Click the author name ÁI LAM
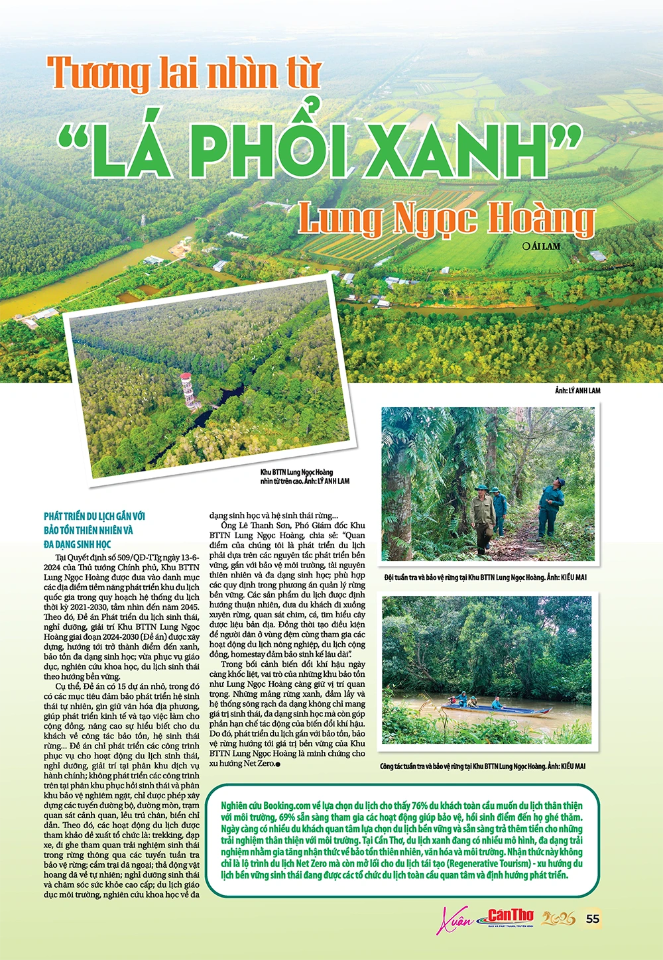pyautogui.click(x=546, y=246)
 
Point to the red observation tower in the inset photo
pyautogui.click(x=188, y=391)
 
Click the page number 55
pyautogui.click(x=593, y=918)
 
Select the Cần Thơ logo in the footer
pyautogui.click(x=510, y=918)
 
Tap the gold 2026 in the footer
pyautogui.click(x=558, y=919)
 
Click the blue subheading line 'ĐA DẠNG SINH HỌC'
pyautogui.click(x=78, y=544)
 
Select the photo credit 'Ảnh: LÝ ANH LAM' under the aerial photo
pyautogui.click(x=577, y=390)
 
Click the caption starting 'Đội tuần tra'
pyautogui.click(x=485, y=577)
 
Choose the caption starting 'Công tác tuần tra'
pyautogui.click(x=483, y=766)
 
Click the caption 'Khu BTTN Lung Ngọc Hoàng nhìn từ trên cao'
pyautogui.click(x=304, y=477)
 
